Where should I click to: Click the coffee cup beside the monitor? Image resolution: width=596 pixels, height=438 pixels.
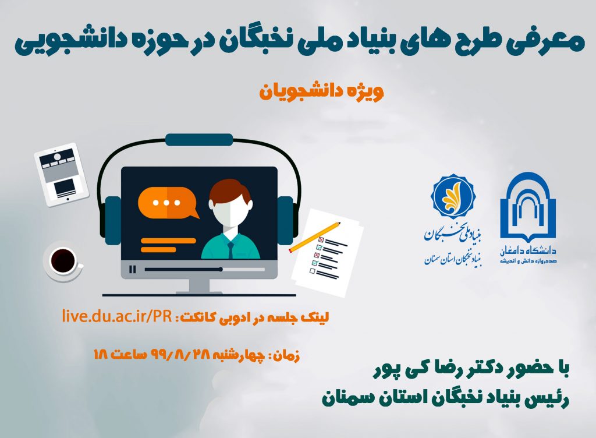pyautogui.click(x=63, y=261)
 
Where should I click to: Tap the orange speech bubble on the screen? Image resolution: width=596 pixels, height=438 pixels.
pyautogui.click(x=168, y=203)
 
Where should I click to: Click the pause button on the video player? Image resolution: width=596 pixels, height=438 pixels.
pyautogui.click(x=132, y=269)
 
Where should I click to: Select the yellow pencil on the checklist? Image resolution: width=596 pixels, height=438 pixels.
pyautogui.click(x=315, y=237)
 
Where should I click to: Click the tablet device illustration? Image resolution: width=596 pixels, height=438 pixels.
pyautogui.click(x=61, y=175)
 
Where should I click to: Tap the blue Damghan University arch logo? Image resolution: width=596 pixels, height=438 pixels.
pyautogui.click(x=528, y=207)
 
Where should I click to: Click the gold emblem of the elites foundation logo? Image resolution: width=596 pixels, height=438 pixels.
pyautogui.click(x=453, y=197)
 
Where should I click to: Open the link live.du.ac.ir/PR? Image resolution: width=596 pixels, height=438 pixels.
pyautogui.click(x=117, y=316)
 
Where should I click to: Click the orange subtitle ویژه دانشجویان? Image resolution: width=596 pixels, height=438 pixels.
pyautogui.click(x=321, y=91)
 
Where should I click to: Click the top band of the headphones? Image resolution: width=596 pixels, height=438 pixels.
pyautogui.click(x=199, y=140)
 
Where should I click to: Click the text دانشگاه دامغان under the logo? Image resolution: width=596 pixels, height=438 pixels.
pyautogui.click(x=528, y=250)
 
